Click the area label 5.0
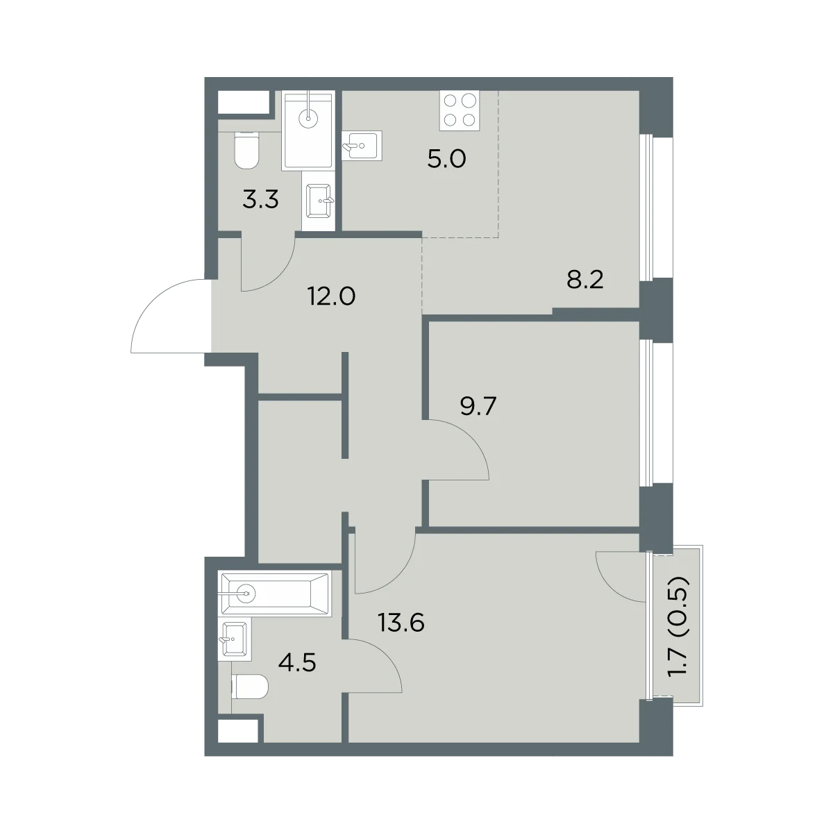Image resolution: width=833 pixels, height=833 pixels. pyautogui.click(x=446, y=160)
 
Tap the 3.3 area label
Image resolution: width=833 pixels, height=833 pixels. pyautogui.click(x=260, y=201)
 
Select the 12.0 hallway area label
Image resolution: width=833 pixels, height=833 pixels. pyautogui.click(x=332, y=297)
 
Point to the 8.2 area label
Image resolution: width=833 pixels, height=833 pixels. pyautogui.click(x=585, y=280)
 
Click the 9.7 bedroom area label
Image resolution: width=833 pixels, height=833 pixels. pyautogui.click(x=478, y=406)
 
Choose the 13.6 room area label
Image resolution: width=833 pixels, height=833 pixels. pyautogui.click(x=401, y=623)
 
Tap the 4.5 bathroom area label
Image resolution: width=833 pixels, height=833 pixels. pyautogui.click(x=297, y=663)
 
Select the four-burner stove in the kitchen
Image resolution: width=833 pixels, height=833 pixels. pyautogui.click(x=460, y=110)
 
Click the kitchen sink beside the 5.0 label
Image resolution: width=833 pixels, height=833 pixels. pyautogui.click(x=362, y=146)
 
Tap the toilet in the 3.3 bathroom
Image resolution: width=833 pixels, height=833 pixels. pyautogui.click(x=246, y=150)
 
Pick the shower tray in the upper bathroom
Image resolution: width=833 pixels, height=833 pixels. pyautogui.click(x=308, y=131)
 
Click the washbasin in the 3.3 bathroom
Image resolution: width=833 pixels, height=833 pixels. pyautogui.click(x=319, y=201)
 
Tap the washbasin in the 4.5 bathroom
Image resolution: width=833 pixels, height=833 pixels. pyautogui.click(x=234, y=639)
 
